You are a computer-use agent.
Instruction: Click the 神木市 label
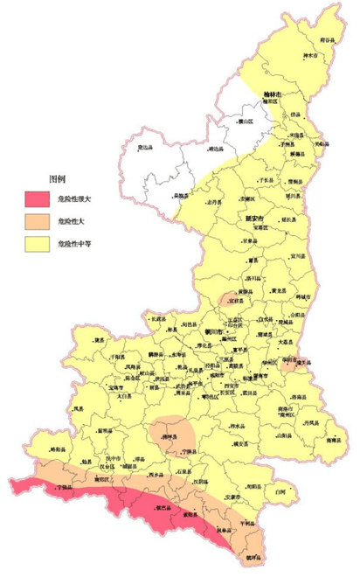[x=308, y=58]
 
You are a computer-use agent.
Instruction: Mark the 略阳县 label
[x=58, y=448]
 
